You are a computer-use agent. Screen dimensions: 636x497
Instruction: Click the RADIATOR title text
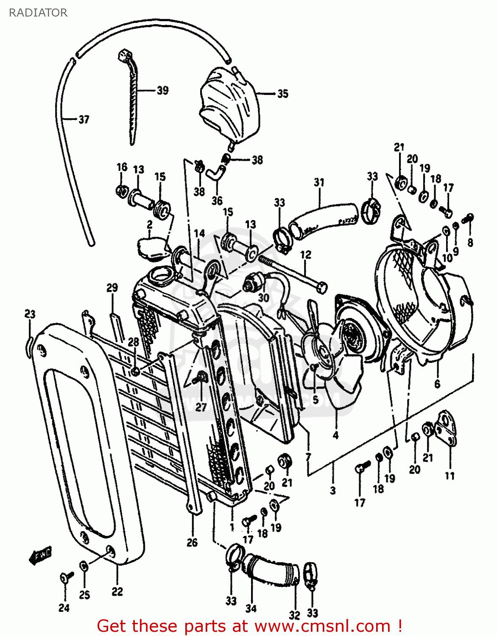pos(38,13)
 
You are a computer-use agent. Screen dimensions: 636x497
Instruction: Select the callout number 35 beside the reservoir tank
pos(283,94)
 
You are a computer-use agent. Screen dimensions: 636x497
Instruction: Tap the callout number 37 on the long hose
pos(84,120)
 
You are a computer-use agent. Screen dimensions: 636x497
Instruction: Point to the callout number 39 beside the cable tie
pos(162,90)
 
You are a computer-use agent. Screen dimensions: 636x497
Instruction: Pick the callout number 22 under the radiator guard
pos(117,591)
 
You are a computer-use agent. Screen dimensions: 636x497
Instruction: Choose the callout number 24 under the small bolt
pos(64,608)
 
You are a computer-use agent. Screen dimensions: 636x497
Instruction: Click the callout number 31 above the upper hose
pos(319,182)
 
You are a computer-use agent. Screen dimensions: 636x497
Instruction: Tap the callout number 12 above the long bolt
pos(306,254)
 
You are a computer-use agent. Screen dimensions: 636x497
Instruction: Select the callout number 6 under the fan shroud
pos(437,384)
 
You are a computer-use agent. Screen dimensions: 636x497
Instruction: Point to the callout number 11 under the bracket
pos(450,476)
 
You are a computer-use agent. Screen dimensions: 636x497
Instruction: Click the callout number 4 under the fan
pos(335,435)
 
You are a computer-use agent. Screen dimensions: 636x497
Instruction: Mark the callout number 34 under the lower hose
pos(251,608)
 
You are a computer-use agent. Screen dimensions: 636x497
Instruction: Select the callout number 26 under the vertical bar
pos(192,542)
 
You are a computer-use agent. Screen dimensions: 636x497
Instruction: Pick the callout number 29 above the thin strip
pos(112,288)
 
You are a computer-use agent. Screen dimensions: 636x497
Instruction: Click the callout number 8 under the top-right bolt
pos(470,243)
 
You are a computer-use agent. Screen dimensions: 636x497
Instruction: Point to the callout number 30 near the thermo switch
pos(263,298)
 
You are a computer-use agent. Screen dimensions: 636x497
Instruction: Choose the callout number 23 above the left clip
pos(30,314)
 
